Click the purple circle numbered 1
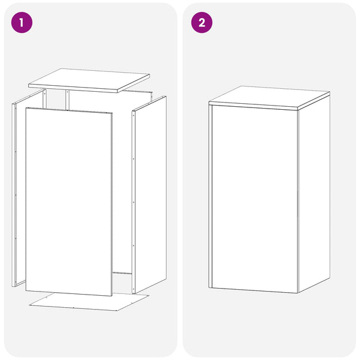(x=22, y=23)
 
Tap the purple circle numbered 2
(x=202, y=23)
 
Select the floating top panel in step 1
(x=89, y=80)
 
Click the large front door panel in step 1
(x=69, y=202)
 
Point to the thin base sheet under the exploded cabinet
(x=89, y=302)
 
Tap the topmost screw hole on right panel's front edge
(x=133, y=115)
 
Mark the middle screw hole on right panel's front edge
(x=133, y=202)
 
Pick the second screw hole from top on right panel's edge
(x=133, y=158)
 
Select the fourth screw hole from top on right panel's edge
(x=133, y=245)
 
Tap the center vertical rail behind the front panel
(x=67, y=100)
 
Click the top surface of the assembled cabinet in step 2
(x=269, y=97)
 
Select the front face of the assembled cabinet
(x=255, y=199)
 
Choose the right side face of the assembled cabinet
(x=314, y=193)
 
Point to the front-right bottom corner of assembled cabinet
(x=298, y=293)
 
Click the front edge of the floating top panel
(x=73, y=88)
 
